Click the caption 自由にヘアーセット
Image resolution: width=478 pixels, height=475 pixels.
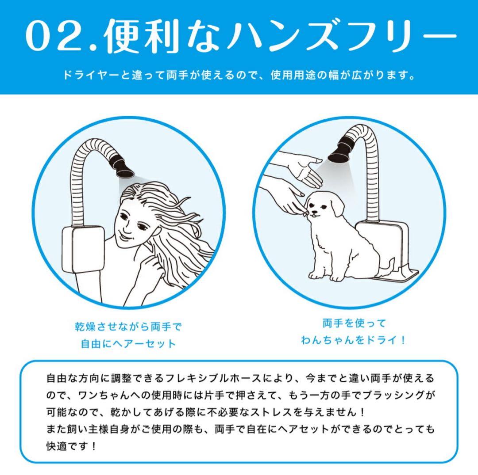[x=128, y=343]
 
